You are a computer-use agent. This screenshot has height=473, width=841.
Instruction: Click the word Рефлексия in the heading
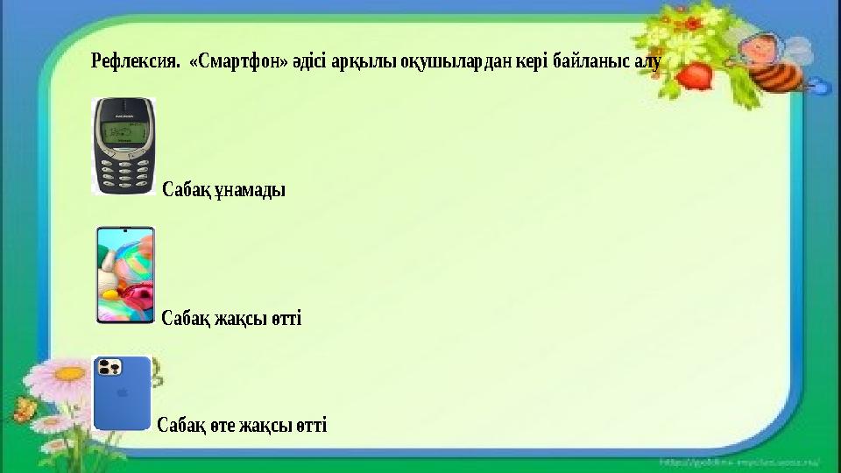pyautogui.click(x=136, y=62)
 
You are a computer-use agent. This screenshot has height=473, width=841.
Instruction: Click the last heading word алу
pyautogui.click(x=647, y=62)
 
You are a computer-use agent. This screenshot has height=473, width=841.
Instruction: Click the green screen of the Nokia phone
pyautogui.click(x=124, y=134)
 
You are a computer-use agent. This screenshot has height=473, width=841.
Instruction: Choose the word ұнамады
pyautogui.click(x=249, y=189)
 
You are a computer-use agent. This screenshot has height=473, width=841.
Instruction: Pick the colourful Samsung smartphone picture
pyautogui.click(x=124, y=274)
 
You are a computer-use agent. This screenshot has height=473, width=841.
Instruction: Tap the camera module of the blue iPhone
pyautogui.click(x=110, y=367)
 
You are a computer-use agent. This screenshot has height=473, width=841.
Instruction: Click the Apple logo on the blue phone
pyautogui.click(x=122, y=394)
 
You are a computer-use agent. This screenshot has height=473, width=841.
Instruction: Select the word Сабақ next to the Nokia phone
pyautogui.click(x=187, y=189)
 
